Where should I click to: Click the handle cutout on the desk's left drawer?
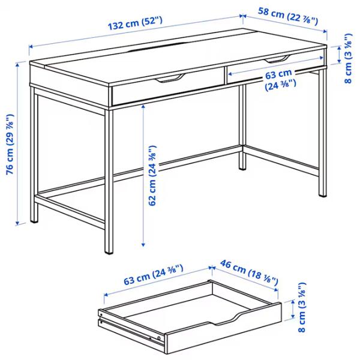click(x=170, y=78)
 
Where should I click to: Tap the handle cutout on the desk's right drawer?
click(x=276, y=59)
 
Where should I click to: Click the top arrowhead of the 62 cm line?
click(x=143, y=105)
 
